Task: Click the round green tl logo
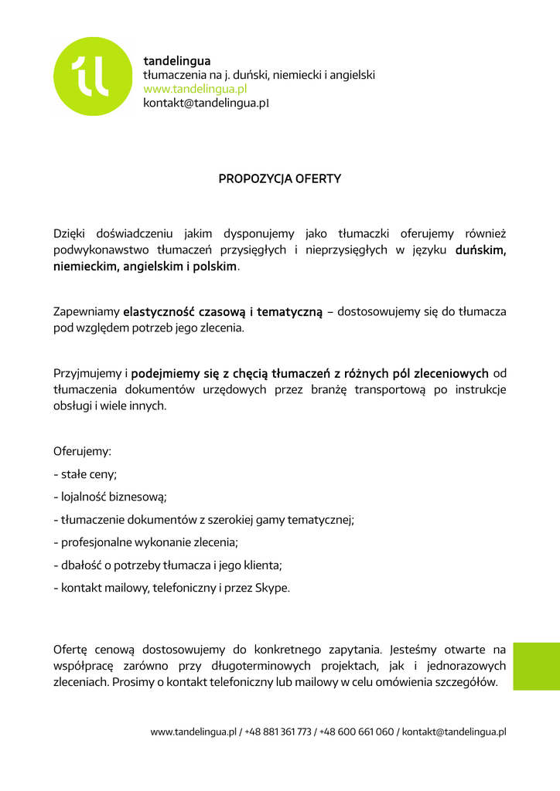pyautogui.click(x=93, y=76)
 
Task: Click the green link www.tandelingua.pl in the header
pyautogui.click(x=195, y=89)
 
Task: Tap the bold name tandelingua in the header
pyautogui.click(x=177, y=60)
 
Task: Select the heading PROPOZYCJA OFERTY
pyautogui.click(x=279, y=179)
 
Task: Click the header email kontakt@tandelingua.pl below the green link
pyautogui.click(x=206, y=104)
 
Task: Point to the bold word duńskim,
pyautogui.click(x=480, y=250)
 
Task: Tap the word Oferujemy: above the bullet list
pyautogui.click(x=82, y=451)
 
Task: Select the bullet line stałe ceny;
pyautogui.click(x=85, y=474)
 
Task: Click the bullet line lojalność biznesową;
pyautogui.click(x=111, y=497)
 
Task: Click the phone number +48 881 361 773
pyautogui.click(x=278, y=732)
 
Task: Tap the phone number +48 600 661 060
pyautogui.click(x=357, y=732)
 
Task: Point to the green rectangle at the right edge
pyautogui.click(x=535, y=666)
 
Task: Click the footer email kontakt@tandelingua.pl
pyautogui.click(x=454, y=732)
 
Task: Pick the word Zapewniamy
pyautogui.click(x=85, y=312)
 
